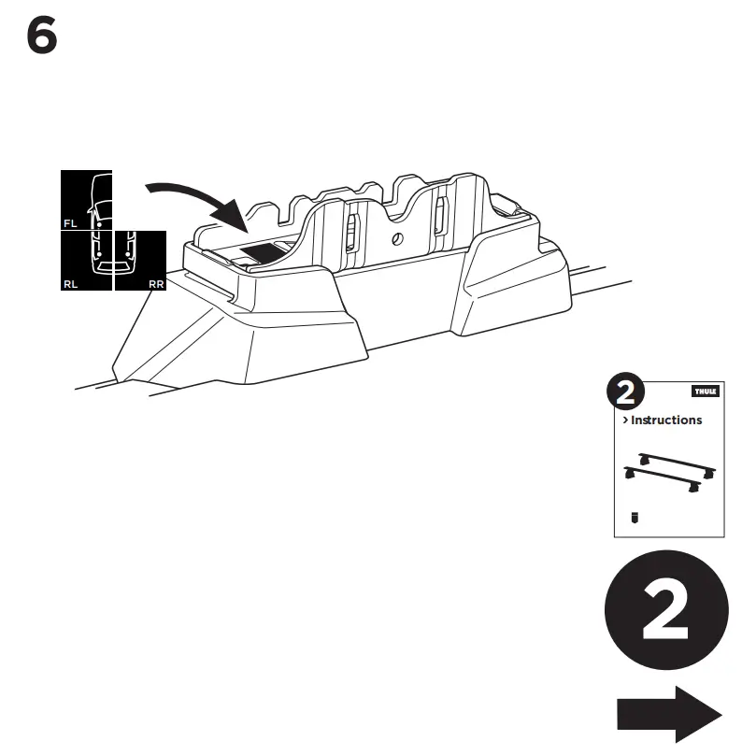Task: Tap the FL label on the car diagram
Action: (70, 223)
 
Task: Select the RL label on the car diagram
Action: (70, 282)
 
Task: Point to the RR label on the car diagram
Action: (156, 282)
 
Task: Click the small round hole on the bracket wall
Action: (397, 238)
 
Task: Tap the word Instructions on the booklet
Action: (666, 420)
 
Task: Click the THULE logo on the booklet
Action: (705, 392)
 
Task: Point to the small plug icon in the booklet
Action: (635, 518)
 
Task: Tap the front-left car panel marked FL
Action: (87, 200)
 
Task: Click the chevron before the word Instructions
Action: (625, 420)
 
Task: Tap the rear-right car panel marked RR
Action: (140, 260)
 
